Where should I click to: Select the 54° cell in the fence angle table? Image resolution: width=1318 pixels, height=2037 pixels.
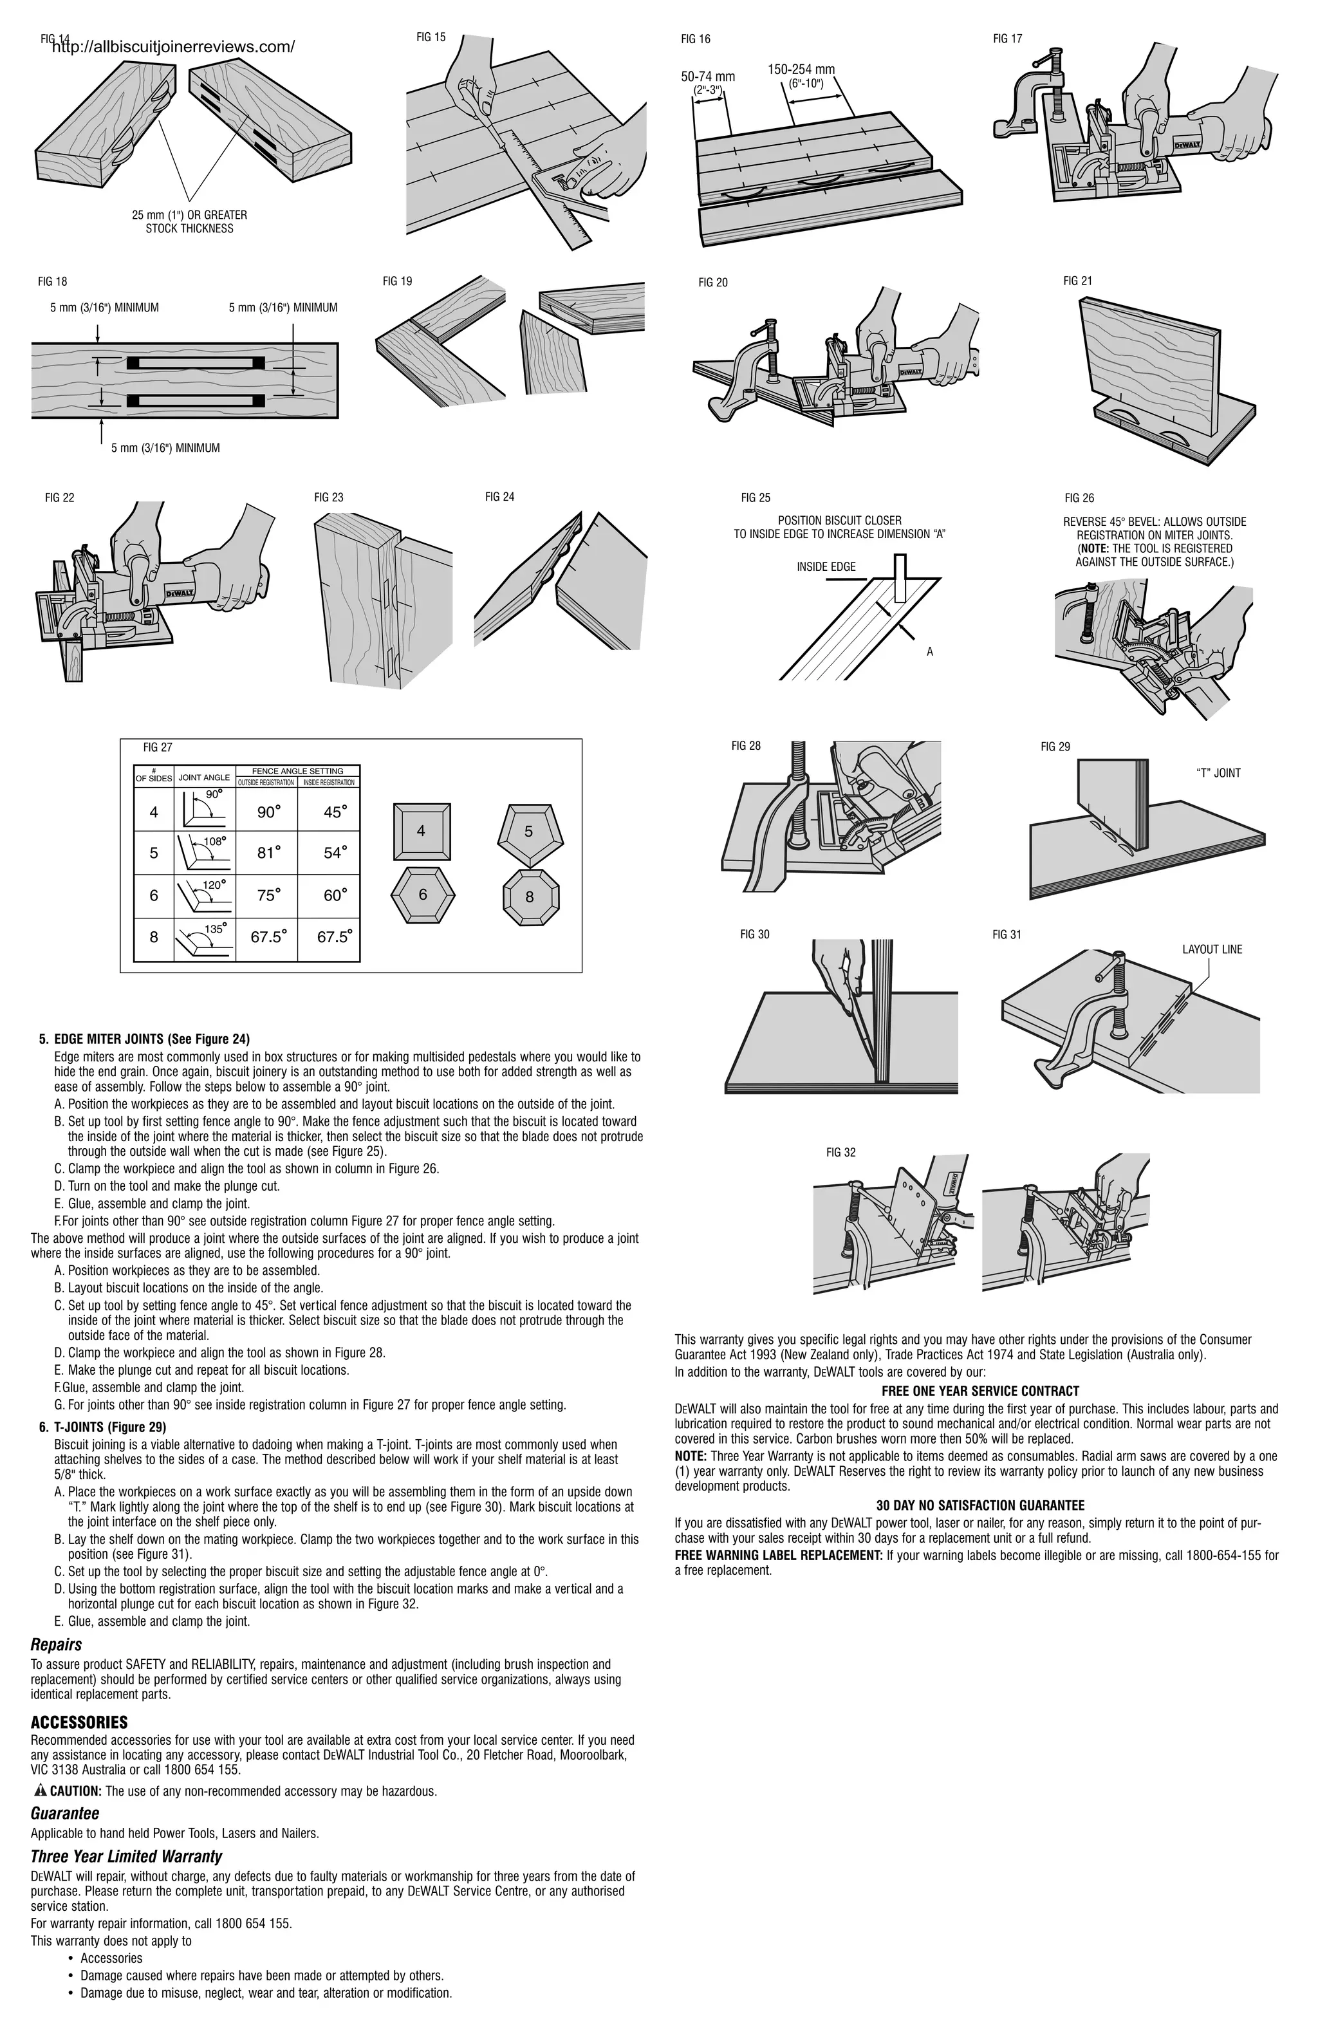(x=335, y=853)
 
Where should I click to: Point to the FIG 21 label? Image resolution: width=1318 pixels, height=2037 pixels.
(x=1077, y=281)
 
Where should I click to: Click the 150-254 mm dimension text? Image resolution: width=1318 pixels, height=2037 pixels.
(x=800, y=70)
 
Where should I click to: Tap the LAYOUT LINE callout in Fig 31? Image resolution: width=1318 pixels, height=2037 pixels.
(x=1212, y=949)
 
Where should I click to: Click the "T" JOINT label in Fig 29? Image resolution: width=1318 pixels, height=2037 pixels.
(x=1217, y=773)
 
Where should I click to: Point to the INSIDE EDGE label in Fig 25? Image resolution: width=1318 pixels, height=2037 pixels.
(x=826, y=566)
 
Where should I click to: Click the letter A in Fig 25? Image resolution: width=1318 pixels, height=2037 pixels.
(x=929, y=652)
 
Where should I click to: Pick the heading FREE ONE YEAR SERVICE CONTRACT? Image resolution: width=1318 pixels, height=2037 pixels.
(x=980, y=1391)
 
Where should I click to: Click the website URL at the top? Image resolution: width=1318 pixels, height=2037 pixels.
(x=173, y=47)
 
